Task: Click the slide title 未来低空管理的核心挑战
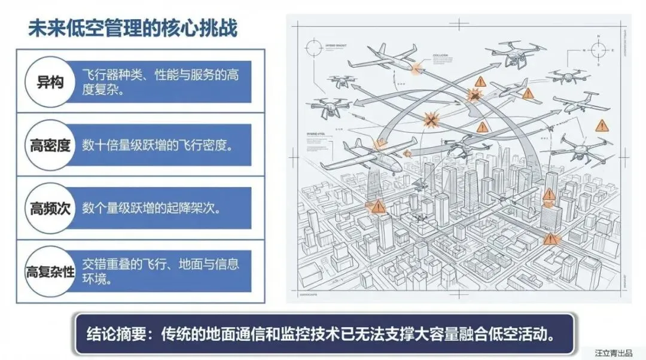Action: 132,28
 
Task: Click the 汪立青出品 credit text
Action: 613,353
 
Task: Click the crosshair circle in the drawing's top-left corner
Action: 313,47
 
